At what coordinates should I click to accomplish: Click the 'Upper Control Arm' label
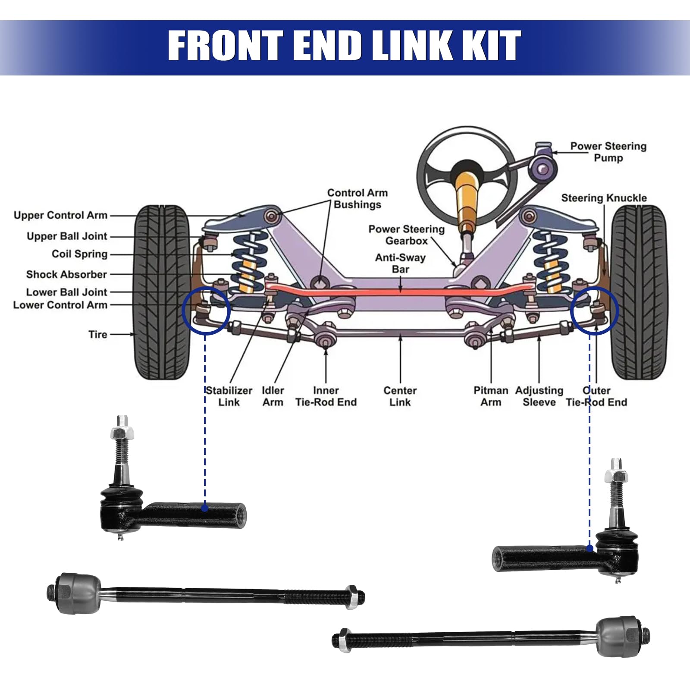(x=60, y=215)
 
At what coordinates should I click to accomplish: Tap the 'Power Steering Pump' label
(x=608, y=152)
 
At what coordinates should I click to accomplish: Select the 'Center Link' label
(x=400, y=396)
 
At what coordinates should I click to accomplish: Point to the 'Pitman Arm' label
(x=491, y=396)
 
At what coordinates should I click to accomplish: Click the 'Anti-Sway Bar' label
(x=400, y=263)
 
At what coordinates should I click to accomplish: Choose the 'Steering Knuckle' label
(x=604, y=198)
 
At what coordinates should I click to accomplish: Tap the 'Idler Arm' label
(x=273, y=396)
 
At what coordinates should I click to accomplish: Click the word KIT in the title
(x=492, y=46)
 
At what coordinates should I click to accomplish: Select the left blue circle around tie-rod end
(x=205, y=310)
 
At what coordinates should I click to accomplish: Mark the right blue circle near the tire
(x=595, y=310)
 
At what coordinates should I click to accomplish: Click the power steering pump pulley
(x=543, y=168)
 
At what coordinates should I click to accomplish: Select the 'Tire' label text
(x=98, y=334)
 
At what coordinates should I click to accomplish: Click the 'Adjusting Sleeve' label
(x=539, y=396)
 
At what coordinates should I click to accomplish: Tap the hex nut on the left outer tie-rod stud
(x=122, y=433)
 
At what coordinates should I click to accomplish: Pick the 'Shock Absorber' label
(x=66, y=274)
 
